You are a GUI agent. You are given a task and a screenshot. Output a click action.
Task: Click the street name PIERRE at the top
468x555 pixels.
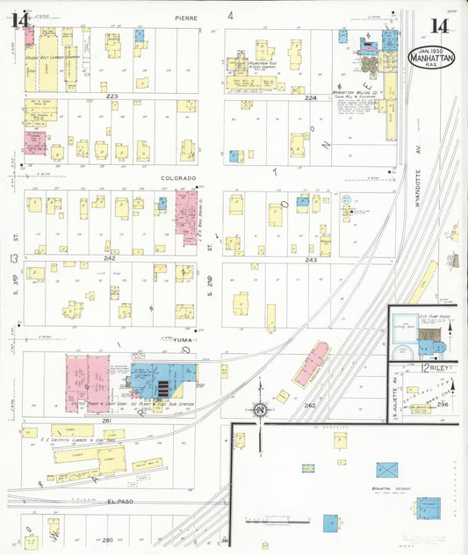pos(186,17)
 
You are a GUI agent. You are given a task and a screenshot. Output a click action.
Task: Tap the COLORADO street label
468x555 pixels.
pos(178,177)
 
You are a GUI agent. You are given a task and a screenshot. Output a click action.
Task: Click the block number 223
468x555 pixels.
pos(112,95)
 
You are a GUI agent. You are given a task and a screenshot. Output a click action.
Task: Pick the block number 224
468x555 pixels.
pos(310,97)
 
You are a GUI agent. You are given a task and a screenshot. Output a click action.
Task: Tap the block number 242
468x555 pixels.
pos(110,258)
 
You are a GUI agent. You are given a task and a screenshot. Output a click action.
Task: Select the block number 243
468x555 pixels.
pos(310,260)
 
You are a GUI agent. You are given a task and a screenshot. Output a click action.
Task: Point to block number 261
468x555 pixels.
pos(106,421)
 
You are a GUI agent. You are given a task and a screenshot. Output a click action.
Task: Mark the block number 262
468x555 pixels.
pos(309,405)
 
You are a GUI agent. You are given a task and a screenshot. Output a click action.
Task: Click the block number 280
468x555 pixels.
pos(107,539)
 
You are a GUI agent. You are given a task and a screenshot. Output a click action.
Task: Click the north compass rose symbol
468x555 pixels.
pos(261,410)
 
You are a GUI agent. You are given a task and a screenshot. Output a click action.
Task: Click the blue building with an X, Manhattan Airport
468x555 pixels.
pos(387,470)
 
